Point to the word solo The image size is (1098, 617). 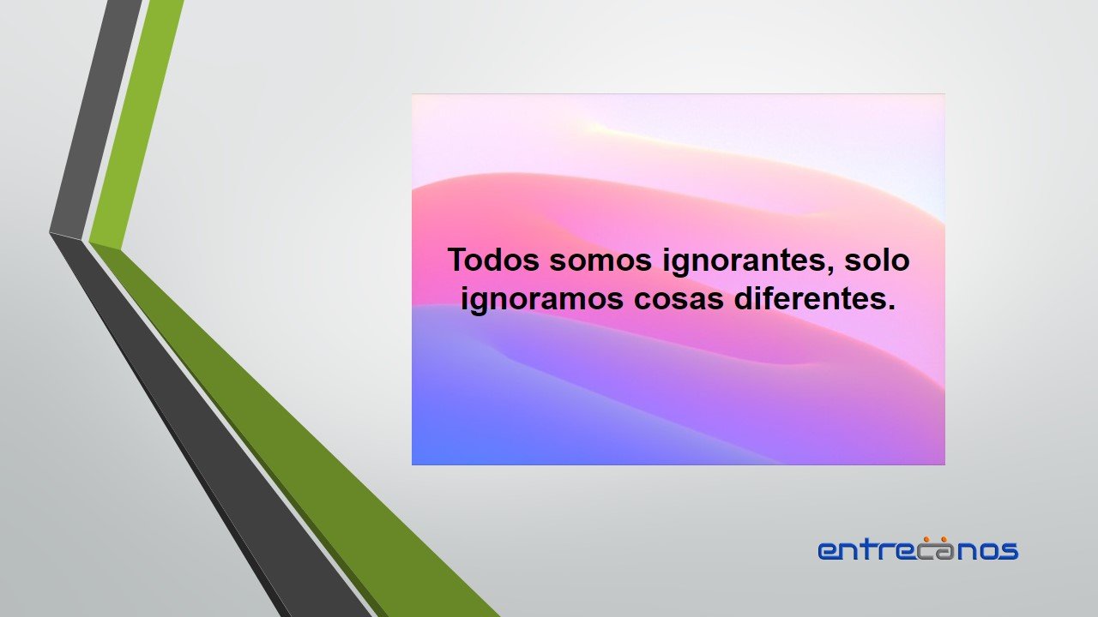(x=877, y=260)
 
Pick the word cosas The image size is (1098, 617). (x=679, y=300)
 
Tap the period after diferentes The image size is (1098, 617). (x=891, y=307)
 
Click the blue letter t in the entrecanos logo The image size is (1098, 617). (x=871, y=548)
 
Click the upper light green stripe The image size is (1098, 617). (x=136, y=123)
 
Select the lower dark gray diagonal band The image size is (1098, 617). (x=211, y=426)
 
